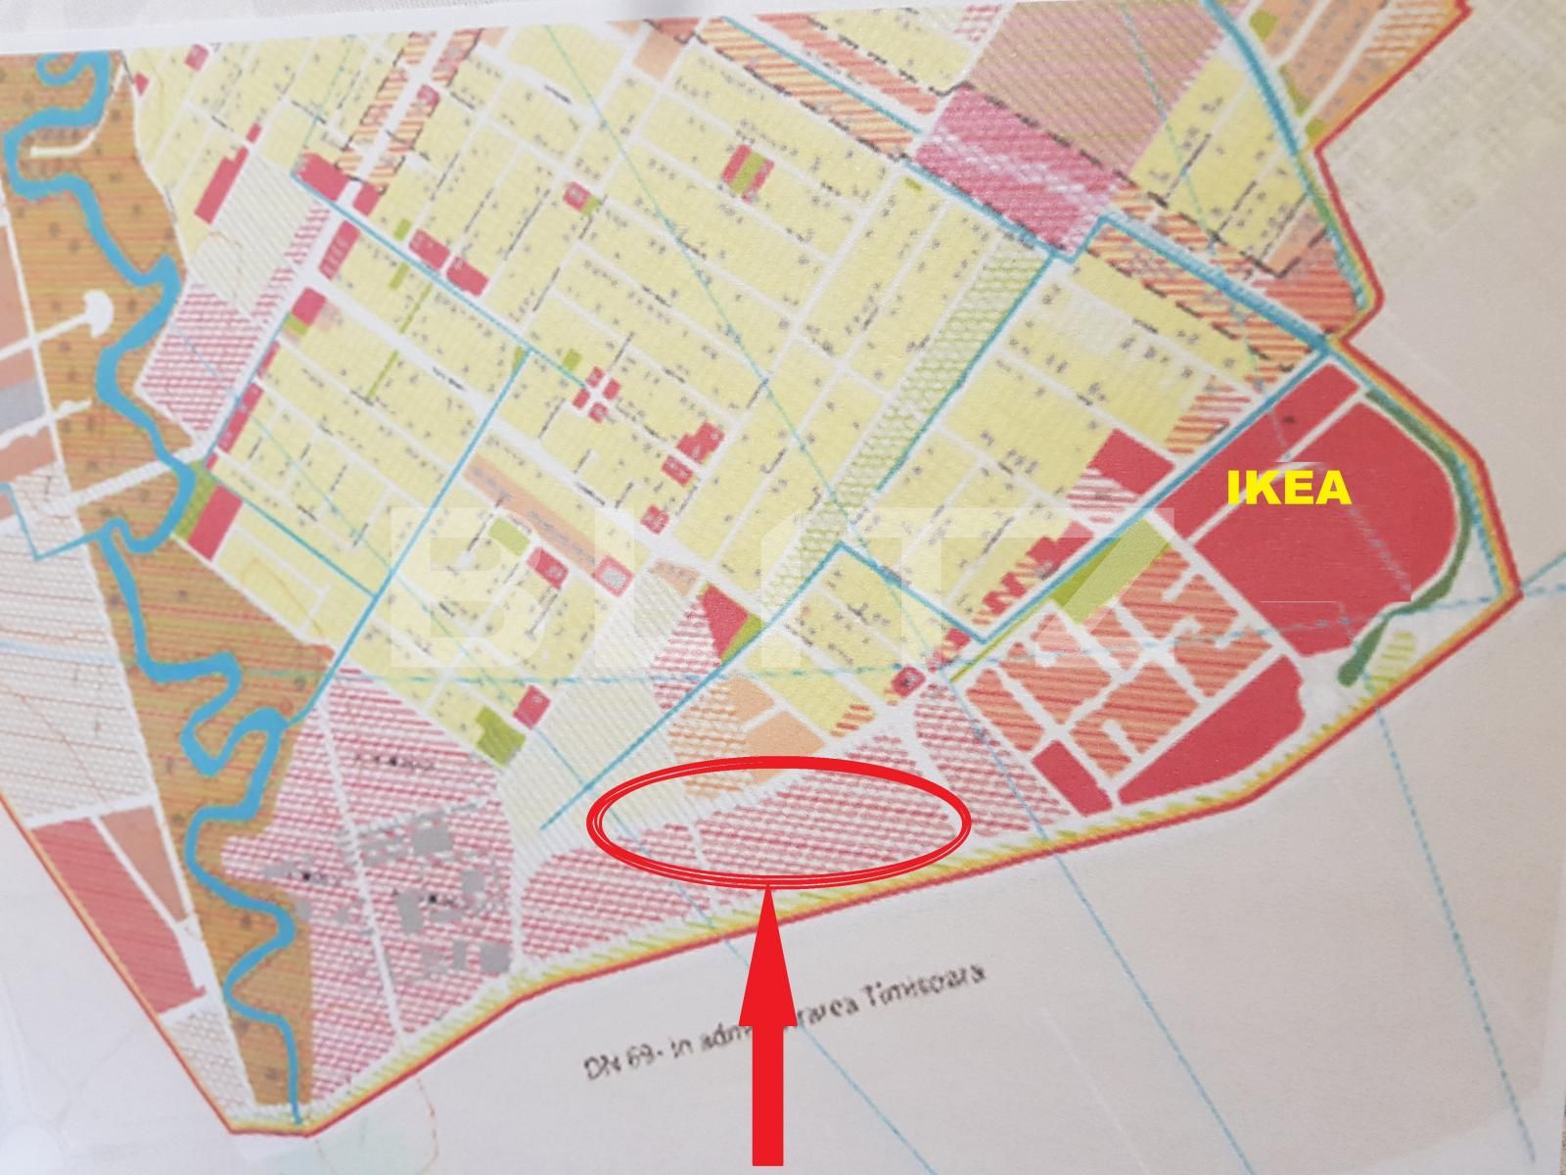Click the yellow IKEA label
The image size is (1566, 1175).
(1288, 489)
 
